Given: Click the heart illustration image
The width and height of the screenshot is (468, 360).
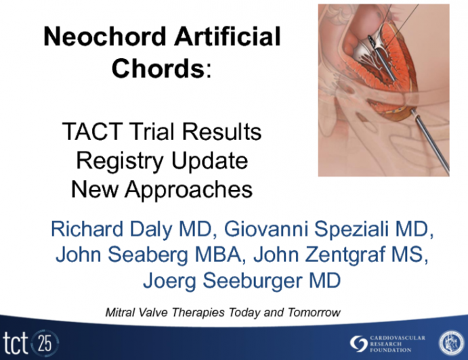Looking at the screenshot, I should (383, 90).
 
